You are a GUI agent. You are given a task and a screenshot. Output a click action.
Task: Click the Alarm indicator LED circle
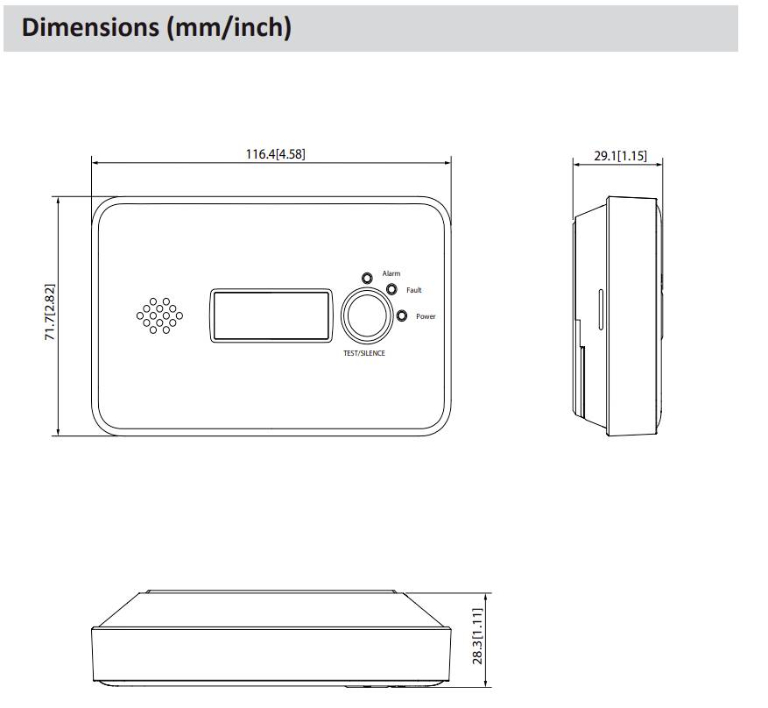click(368, 277)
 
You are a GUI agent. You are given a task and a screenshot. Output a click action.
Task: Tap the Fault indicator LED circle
click(391, 290)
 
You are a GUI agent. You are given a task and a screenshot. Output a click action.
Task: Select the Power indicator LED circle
click(401, 316)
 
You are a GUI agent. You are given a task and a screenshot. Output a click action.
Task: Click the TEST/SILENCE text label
click(363, 353)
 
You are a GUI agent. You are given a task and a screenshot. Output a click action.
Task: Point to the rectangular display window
click(271, 315)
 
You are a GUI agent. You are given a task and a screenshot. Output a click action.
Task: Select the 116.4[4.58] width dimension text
click(275, 155)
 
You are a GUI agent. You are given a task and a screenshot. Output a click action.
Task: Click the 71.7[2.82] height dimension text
click(50, 312)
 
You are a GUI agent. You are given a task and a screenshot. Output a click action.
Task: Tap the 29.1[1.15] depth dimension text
click(620, 157)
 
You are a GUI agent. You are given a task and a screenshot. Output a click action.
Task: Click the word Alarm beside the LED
click(391, 274)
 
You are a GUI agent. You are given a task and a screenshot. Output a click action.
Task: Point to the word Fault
click(414, 290)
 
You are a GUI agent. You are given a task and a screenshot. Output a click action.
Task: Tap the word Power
click(426, 316)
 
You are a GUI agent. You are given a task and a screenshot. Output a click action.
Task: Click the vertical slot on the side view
click(600, 310)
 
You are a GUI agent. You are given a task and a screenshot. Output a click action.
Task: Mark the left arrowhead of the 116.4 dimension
click(95, 162)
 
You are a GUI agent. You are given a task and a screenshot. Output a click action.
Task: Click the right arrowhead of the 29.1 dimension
click(659, 163)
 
